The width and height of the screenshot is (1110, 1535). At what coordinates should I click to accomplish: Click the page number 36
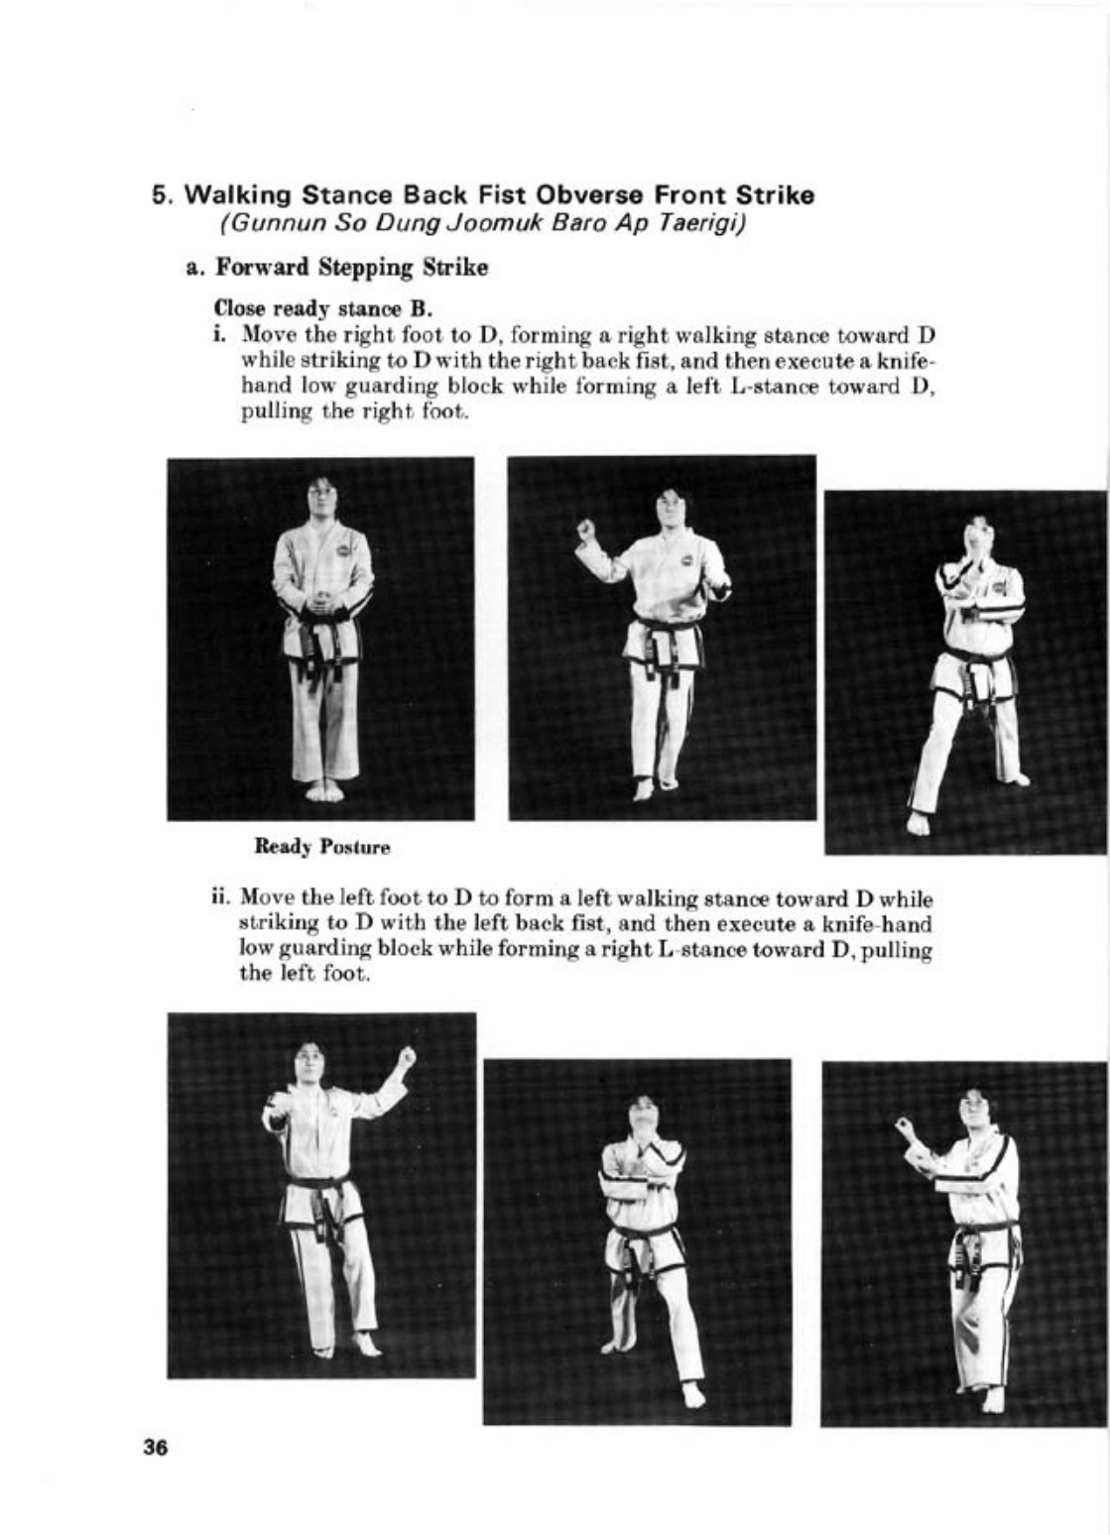(156, 1447)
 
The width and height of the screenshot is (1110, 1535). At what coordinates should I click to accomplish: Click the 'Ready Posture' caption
(322, 848)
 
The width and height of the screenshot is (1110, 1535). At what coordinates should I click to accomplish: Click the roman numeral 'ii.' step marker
(221, 901)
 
